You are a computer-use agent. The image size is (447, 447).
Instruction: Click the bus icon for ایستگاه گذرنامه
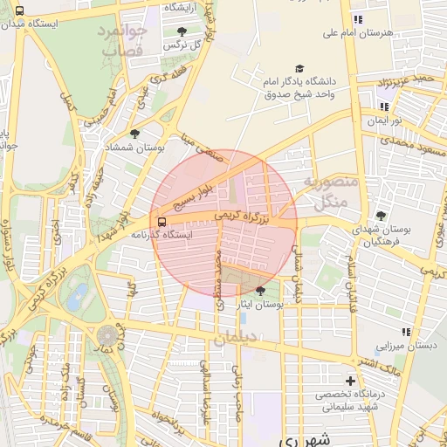click(x=160, y=221)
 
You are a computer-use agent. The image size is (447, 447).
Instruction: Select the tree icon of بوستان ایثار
click(x=261, y=292)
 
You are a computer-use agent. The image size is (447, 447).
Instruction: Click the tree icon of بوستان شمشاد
click(x=134, y=134)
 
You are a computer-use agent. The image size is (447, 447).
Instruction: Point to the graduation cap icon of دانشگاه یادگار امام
click(x=299, y=69)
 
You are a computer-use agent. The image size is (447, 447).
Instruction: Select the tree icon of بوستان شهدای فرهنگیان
click(x=380, y=215)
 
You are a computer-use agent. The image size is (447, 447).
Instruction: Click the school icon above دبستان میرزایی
click(x=406, y=332)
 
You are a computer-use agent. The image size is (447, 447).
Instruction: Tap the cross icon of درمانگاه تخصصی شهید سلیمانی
click(x=350, y=381)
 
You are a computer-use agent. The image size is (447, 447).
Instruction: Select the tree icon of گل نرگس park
click(x=182, y=31)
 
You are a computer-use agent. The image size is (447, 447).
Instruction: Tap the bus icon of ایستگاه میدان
click(x=19, y=11)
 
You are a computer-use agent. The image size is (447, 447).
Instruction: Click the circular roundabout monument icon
click(x=108, y=335)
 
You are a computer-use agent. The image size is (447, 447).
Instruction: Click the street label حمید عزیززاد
click(x=412, y=80)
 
